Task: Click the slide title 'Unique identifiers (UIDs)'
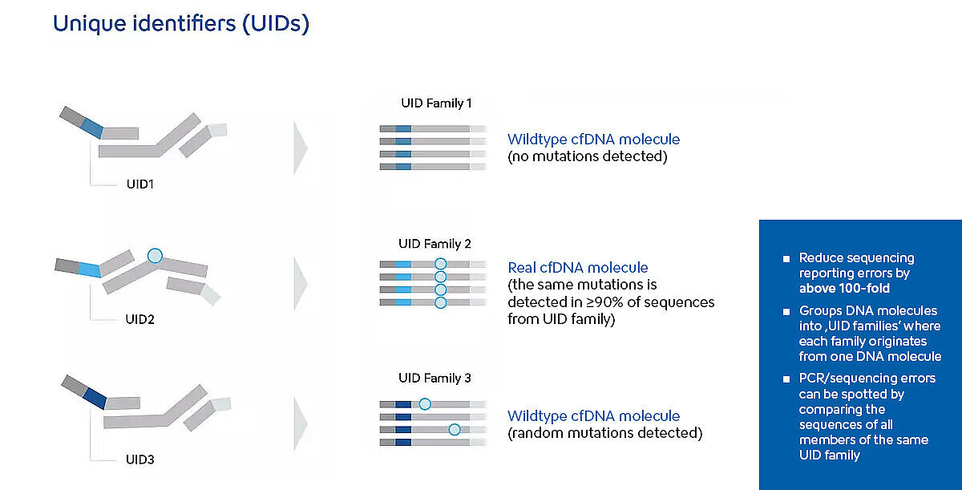(181, 23)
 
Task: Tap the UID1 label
(140, 184)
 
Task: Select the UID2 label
(139, 319)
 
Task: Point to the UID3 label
(140, 460)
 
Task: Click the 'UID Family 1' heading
(436, 103)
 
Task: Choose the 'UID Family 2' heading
(435, 244)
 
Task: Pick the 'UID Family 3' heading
(435, 378)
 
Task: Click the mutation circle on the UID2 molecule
(155, 256)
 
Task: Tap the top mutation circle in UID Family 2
(441, 264)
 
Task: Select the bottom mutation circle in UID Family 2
(441, 303)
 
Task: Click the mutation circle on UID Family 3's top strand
(425, 404)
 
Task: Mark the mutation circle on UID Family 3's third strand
(455, 429)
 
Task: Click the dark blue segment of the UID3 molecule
(95, 399)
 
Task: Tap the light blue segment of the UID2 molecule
(90, 269)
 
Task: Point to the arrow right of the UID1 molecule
(300, 148)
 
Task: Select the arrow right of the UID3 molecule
(300, 424)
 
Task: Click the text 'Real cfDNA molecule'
(578, 268)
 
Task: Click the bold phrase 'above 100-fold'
(844, 288)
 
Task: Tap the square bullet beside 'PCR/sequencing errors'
(786, 379)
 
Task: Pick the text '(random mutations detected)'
(605, 433)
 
